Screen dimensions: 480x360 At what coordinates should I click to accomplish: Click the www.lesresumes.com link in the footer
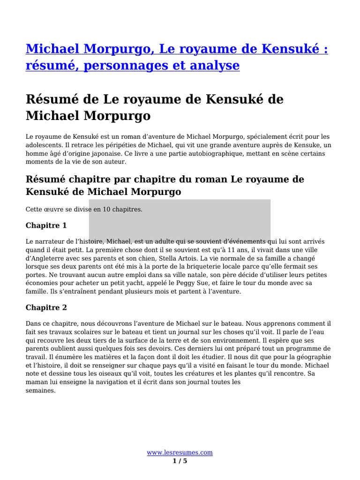pos(180,452)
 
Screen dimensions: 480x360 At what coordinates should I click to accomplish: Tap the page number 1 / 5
pos(180,461)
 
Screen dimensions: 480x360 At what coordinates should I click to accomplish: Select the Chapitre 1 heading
pos(46,225)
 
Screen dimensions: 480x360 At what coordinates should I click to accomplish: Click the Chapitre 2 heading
pos(46,307)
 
